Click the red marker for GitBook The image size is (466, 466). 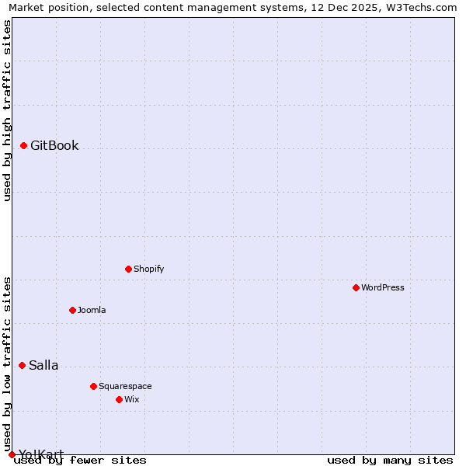(x=24, y=145)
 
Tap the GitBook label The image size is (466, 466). (x=54, y=146)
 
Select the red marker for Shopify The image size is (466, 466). (x=128, y=269)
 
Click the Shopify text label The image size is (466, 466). (x=148, y=270)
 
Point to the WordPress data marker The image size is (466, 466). (x=356, y=287)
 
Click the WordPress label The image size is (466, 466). (x=383, y=288)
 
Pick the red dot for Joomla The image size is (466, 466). (x=72, y=310)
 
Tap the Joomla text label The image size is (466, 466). (x=92, y=311)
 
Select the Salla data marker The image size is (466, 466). (x=22, y=365)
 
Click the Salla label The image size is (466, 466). (x=43, y=366)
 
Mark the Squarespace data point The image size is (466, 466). (x=93, y=386)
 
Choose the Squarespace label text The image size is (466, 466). (x=125, y=387)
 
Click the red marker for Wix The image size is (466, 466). (x=119, y=399)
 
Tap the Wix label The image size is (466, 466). (x=131, y=400)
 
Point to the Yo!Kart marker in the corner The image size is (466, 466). (x=12, y=454)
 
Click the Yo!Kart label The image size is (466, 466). (x=41, y=454)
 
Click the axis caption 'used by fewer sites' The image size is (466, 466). (x=80, y=461)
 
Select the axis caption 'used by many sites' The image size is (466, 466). (x=390, y=461)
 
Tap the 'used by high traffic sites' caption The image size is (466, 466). (x=7, y=110)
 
